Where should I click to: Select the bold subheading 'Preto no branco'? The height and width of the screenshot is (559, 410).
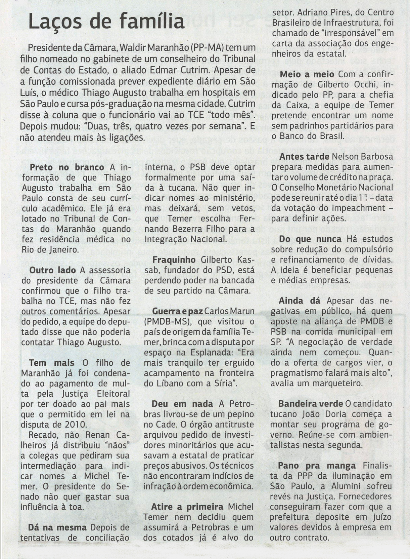(67, 167)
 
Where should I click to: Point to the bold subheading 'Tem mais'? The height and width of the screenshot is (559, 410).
(52, 363)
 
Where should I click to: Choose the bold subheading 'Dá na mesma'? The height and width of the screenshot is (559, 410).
(57, 527)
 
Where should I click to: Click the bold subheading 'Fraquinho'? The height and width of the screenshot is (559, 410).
(174, 260)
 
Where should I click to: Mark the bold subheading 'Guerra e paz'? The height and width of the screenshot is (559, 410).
(177, 312)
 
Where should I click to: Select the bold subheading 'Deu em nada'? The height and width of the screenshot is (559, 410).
(182, 404)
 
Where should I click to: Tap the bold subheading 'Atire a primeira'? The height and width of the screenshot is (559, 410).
(187, 507)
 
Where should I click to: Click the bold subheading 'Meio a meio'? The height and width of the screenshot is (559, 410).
(307, 75)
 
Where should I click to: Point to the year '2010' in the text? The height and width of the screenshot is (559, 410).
(79, 425)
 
